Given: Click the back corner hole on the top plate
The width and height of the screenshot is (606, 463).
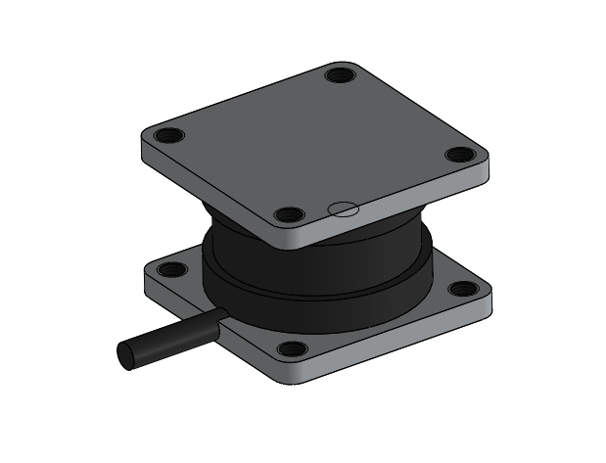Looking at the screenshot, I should click(339, 74).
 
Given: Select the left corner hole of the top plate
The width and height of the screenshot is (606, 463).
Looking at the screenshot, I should click(167, 136).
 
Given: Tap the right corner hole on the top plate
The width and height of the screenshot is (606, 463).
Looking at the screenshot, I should click(458, 154).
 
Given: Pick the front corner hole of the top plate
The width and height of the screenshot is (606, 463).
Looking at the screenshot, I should click(286, 214).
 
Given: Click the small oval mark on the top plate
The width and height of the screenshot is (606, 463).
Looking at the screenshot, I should click(343, 208).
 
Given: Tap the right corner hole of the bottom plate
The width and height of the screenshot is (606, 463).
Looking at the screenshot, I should click(458, 288).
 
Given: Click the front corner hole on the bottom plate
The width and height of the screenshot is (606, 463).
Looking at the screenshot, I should click(290, 348).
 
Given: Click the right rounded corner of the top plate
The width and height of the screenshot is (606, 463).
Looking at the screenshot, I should click(486, 166).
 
